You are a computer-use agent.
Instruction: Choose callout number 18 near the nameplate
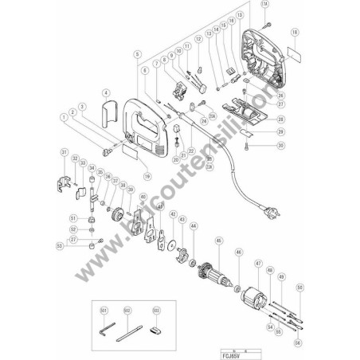[295, 33]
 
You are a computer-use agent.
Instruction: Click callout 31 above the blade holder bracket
[65, 151]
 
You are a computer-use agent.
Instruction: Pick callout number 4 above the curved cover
[106, 94]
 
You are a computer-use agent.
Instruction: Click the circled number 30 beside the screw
[280, 147]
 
